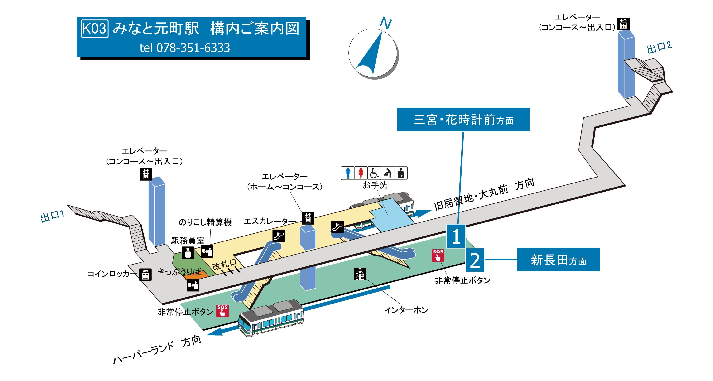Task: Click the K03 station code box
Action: coord(94,28)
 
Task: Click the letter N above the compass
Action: coord(385,23)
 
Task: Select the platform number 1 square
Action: coord(456,236)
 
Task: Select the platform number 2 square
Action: coord(475,260)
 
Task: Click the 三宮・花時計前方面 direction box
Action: coord(463,120)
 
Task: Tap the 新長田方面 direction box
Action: coord(558,260)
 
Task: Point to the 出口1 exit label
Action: coord(53,216)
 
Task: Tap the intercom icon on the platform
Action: coord(360,274)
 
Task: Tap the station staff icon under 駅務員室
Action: coord(188,252)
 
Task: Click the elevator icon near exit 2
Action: coord(623,24)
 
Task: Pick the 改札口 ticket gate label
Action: coord(224,265)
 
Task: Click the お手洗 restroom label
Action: coord(375,185)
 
